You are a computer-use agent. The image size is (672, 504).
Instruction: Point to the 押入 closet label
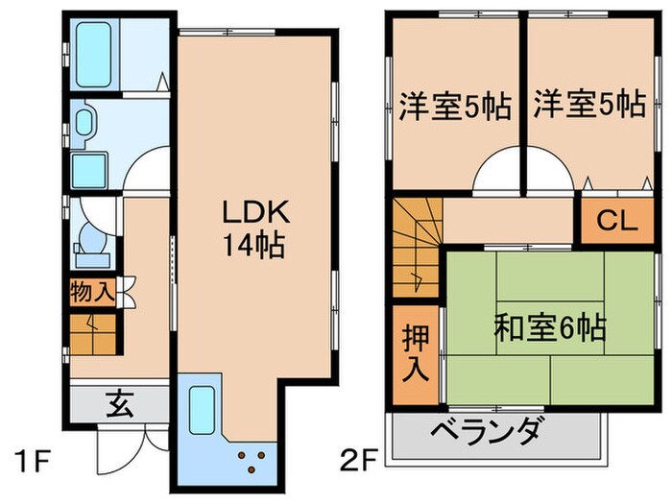click(x=414, y=353)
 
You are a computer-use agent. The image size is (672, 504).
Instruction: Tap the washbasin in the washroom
click(x=84, y=121)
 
